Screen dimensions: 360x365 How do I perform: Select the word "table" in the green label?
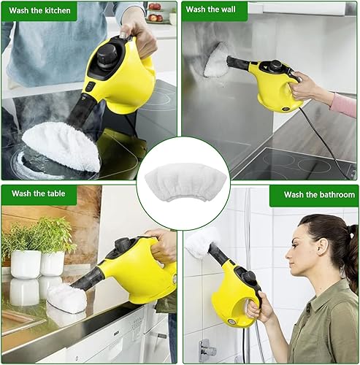point(56,193)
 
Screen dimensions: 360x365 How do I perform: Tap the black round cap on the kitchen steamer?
point(107,56)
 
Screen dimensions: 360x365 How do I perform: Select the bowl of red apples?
point(156,18)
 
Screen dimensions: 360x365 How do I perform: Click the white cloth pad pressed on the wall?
point(216,60)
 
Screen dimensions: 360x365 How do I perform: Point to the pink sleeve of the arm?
point(345,105)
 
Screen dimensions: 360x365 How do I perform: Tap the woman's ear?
point(323,249)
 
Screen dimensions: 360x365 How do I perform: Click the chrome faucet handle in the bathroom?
point(207,350)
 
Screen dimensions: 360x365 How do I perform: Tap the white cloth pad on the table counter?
point(67,298)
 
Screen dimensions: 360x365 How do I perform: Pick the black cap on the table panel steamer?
point(123,244)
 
